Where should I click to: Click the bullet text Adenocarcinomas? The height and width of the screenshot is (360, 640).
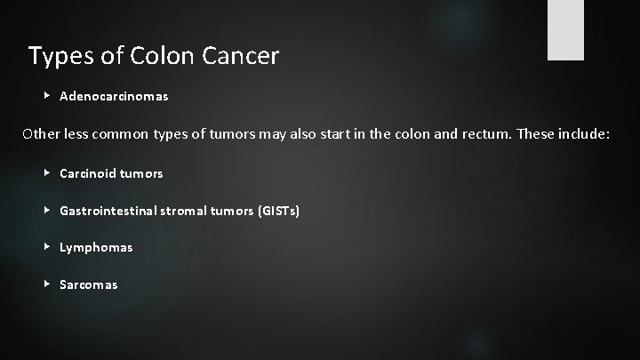114,95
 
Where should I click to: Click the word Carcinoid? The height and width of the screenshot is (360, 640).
86,173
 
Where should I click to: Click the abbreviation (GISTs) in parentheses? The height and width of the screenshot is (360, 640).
277,211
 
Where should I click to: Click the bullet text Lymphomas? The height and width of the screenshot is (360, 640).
96,247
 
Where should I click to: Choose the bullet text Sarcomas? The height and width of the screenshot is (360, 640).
88,284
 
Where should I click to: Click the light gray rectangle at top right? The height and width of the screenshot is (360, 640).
565,30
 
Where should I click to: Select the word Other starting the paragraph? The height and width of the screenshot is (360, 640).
42,134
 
